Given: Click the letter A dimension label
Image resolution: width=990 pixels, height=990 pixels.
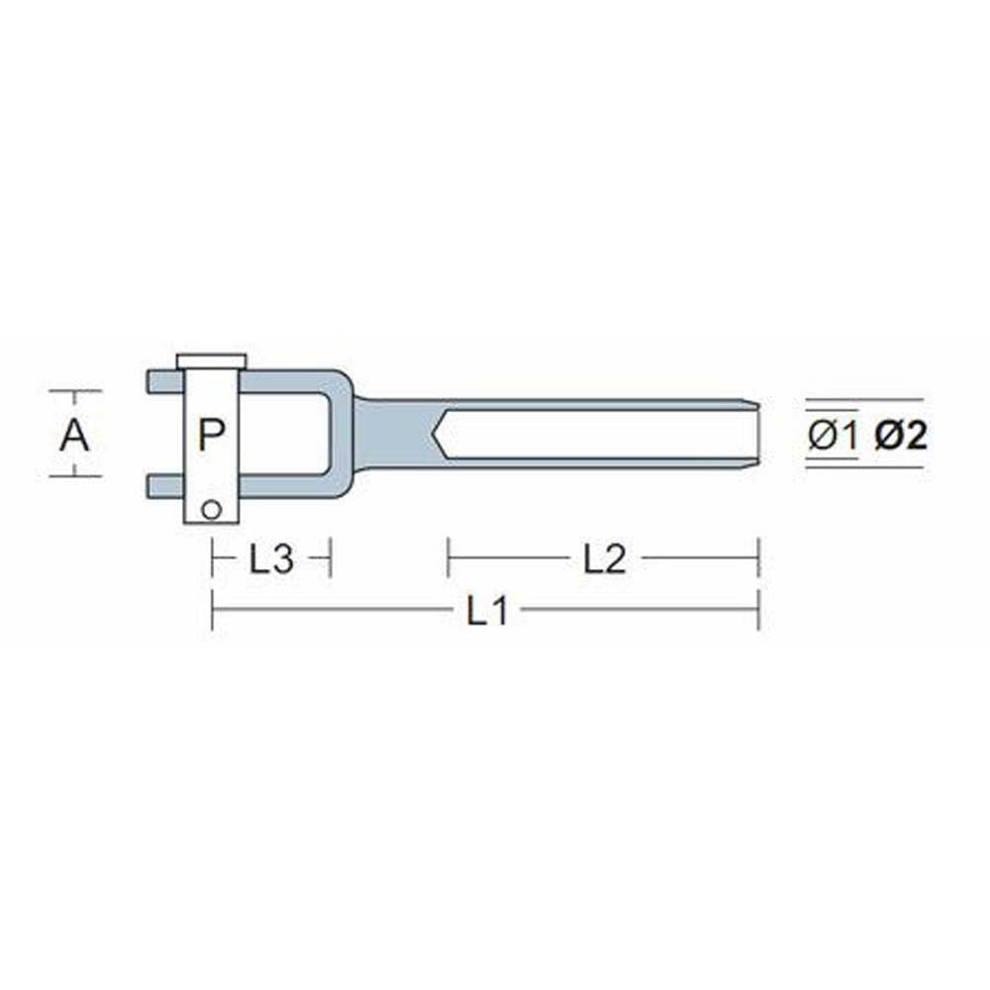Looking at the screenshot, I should (x=74, y=435).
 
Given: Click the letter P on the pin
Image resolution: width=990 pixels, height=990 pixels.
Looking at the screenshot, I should (x=211, y=435).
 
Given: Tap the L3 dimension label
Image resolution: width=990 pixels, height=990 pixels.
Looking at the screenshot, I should (x=270, y=560).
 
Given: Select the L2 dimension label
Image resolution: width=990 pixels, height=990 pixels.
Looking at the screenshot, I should (x=604, y=560).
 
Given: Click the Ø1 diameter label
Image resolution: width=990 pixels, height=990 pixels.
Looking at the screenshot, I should (x=832, y=436).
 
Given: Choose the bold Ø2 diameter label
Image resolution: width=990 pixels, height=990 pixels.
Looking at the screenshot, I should (x=901, y=436).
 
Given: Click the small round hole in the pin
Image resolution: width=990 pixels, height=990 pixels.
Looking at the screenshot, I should (x=209, y=509).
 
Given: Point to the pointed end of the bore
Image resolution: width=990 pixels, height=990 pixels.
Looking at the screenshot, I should (x=437, y=433).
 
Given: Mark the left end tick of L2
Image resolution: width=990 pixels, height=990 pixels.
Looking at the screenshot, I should (x=448, y=558).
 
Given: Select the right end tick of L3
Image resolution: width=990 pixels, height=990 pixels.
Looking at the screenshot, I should (x=329, y=558).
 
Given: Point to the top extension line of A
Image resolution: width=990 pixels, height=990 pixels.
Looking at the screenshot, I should (x=75, y=391).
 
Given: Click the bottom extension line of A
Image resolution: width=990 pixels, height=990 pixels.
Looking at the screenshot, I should (x=75, y=476).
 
